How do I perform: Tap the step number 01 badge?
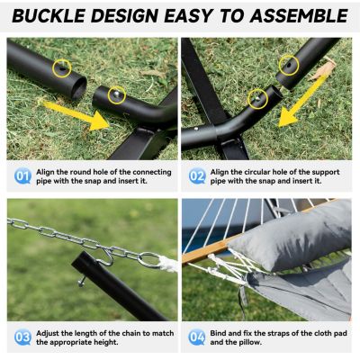click(x=22, y=176)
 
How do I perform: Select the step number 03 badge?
click(x=22, y=337)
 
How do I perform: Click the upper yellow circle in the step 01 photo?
click(x=61, y=67)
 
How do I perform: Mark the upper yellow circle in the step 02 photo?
click(x=288, y=64)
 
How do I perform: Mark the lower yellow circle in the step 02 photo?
click(x=257, y=96)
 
